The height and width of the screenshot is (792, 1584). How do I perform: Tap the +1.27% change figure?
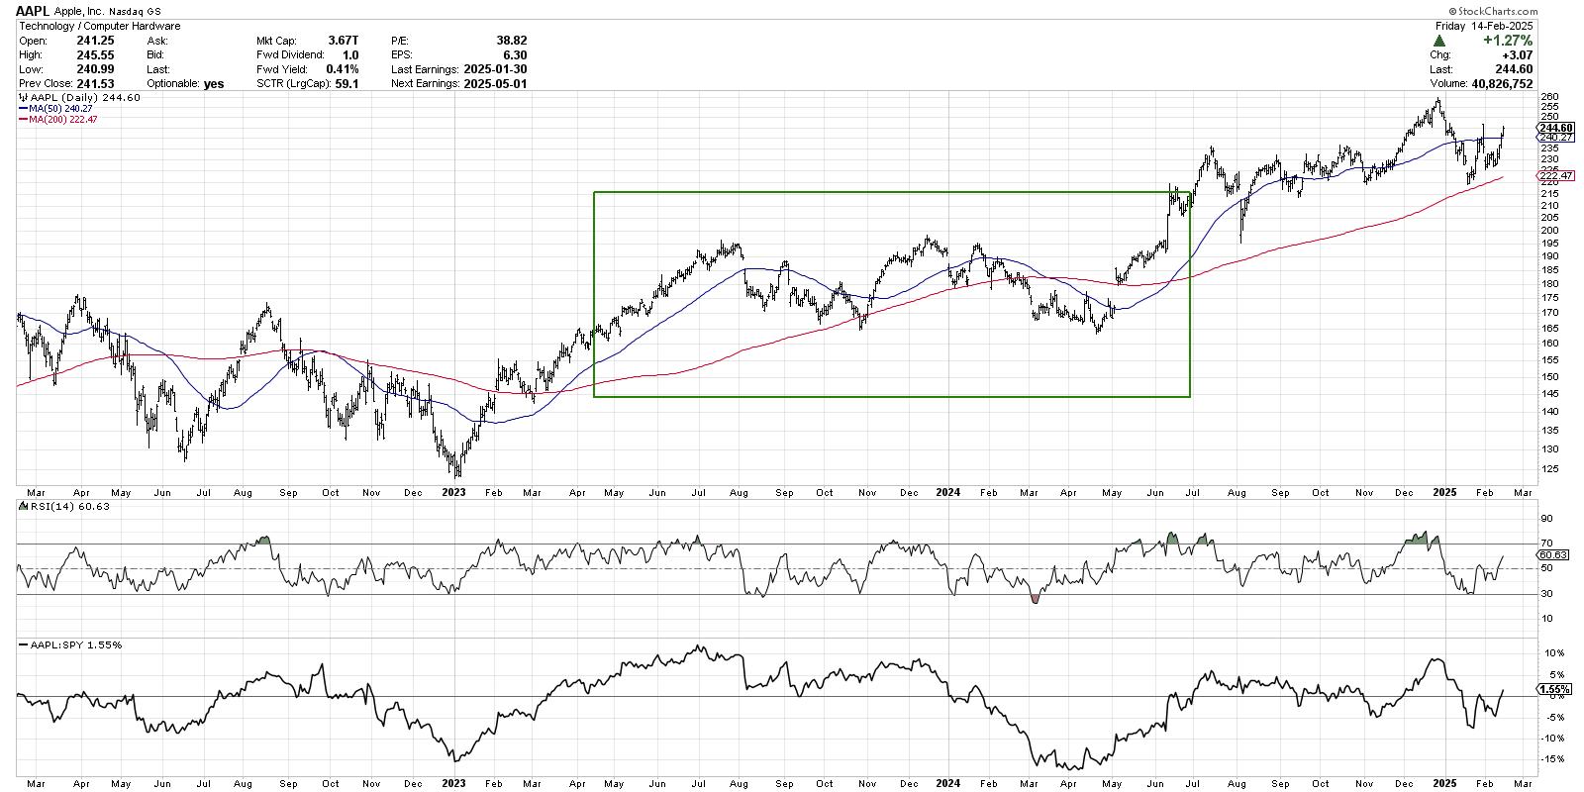click(x=1509, y=41)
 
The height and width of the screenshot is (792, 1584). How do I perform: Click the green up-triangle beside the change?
click(x=1437, y=42)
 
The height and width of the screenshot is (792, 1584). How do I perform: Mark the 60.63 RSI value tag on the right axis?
click(x=1550, y=555)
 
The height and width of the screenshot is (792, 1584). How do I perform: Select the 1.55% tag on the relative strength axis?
click(x=1550, y=688)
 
